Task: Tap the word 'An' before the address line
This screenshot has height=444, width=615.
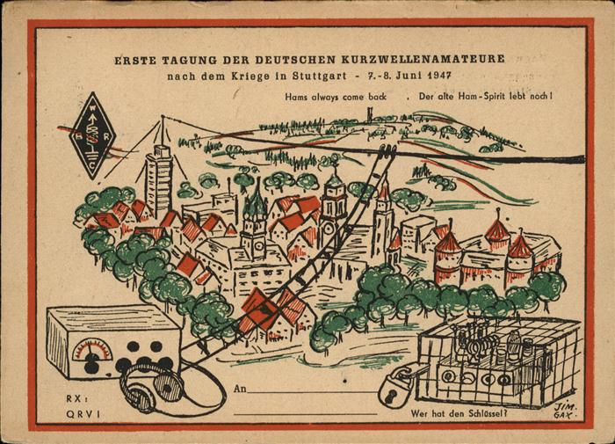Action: coord(241,388)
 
